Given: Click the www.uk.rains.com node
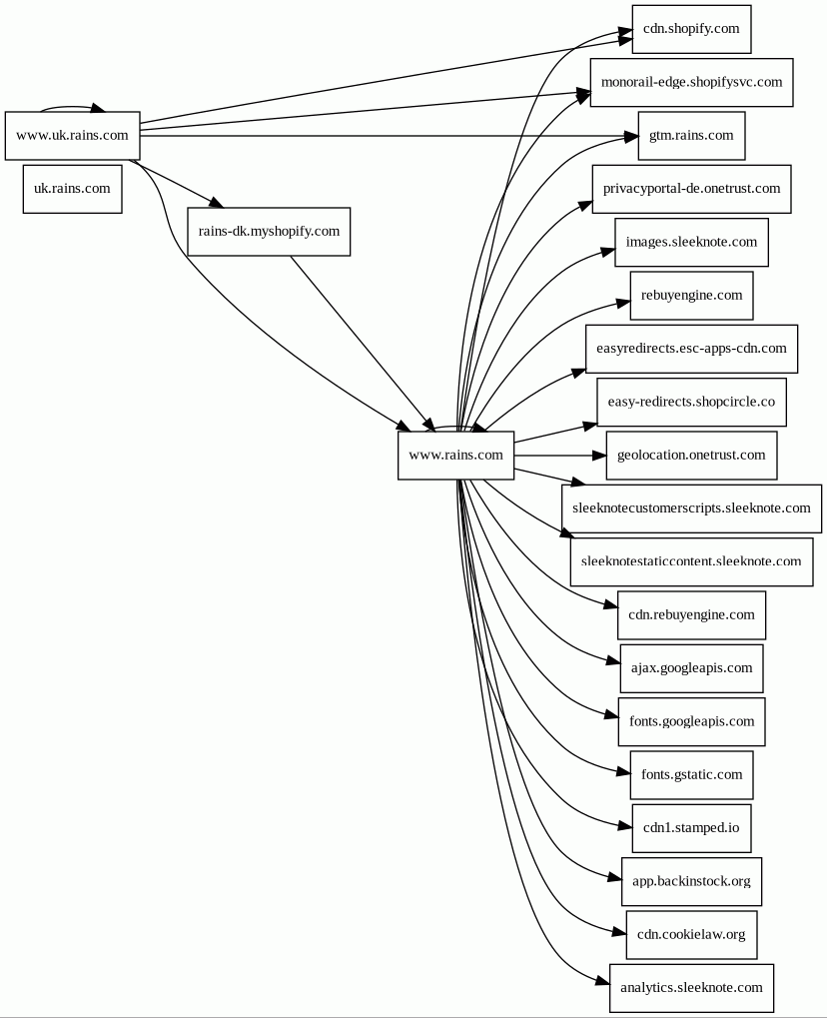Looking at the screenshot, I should pyautogui.click(x=72, y=136).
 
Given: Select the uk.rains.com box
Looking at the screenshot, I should pyautogui.click(x=72, y=189).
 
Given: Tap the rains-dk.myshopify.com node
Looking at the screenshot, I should pyautogui.click(x=269, y=231).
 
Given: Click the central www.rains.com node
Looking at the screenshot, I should pyautogui.click(x=455, y=456).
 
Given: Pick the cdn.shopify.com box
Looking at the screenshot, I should pyautogui.click(x=691, y=29).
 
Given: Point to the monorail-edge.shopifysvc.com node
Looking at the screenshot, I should pyautogui.click(x=691, y=82).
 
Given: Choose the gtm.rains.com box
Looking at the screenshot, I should pyautogui.click(x=691, y=135).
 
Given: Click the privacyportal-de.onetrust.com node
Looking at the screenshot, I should pyautogui.click(x=691, y=189).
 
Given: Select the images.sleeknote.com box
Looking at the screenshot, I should pyautogui.click(x=691, y=242).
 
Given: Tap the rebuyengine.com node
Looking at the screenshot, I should pyautogui.click(x=691, y=296).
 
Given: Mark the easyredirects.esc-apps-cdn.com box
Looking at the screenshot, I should pyautogui.click(x=691, y=349).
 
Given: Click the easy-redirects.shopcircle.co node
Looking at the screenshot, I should pyautogui.click(x=691, y=402).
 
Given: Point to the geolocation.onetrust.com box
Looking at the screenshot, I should pyautogui.click(x=691, y=456).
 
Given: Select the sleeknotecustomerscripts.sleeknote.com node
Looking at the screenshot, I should pyautogui.click(x=691, y=509).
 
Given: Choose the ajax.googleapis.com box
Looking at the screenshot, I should pyautogui.click(x=691, y=668).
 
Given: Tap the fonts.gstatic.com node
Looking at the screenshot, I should pyautogui.click(x=691, y=774).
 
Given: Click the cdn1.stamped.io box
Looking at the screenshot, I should pyautogui.click(x=691, y=827).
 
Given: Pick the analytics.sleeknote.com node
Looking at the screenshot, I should pyautogui.click(x=691, y=988).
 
